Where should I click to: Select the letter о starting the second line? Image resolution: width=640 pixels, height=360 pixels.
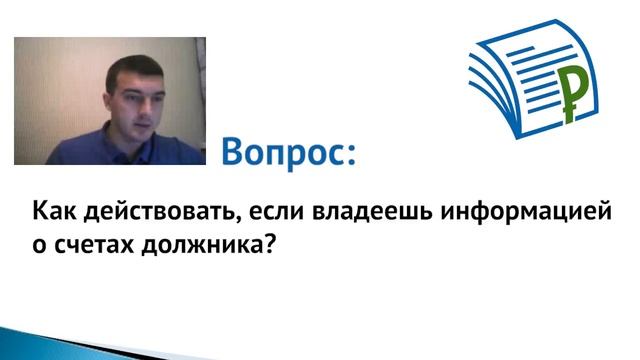point(40,245)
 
